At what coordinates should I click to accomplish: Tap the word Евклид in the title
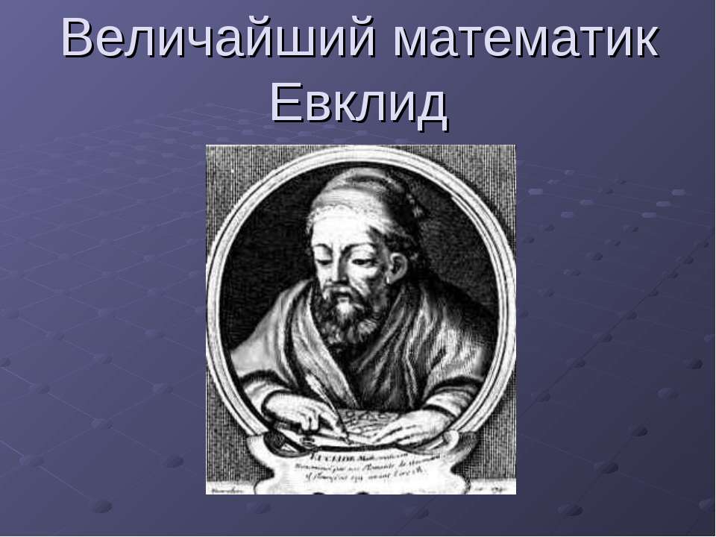click(x=359, y=104)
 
